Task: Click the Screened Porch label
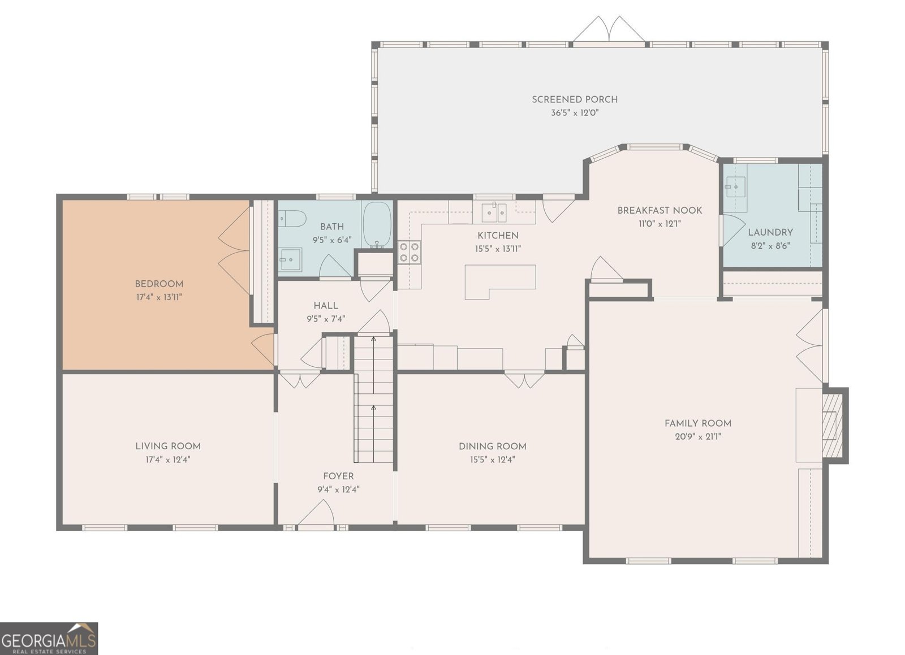pos(574,99)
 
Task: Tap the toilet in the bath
pos(292,218)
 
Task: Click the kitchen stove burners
pos(409,251)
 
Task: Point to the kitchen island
pos(499,280)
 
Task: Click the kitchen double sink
pos(494,212)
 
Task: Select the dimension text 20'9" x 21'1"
pos(697,437)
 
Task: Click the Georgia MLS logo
pos(49,639)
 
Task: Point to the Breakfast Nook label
pos(660,210)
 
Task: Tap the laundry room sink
pos(736,186)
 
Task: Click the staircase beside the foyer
pos(373,401)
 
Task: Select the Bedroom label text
pos(159,284)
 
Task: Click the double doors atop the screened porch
pos(609,29)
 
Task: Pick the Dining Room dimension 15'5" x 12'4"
pos(492,459)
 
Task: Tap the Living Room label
pos(168,446)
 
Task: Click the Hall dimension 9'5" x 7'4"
pos(326,319)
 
